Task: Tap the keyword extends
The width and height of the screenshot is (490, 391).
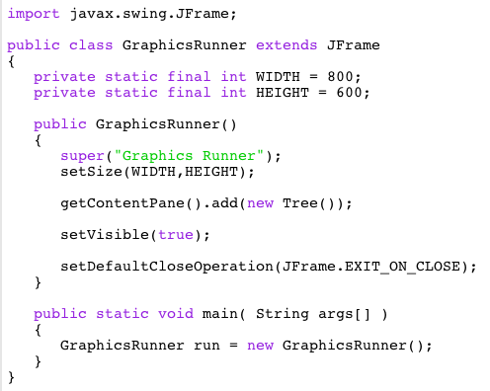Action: [287, 45]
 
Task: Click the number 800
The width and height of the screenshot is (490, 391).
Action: [349, 77]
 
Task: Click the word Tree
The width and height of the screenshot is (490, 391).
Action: [300, 203]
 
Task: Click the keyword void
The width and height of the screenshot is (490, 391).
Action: [176, 314]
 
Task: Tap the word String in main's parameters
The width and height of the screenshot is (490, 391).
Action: [283, 314]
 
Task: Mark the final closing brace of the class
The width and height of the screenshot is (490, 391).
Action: [11, 377]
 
